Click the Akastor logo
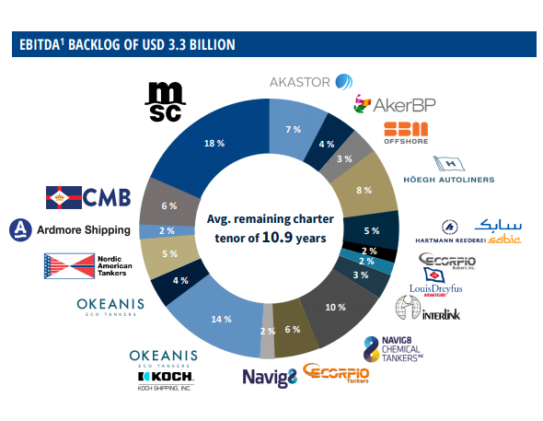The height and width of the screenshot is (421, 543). [x=311, y=82]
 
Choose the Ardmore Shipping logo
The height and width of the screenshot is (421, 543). [x=72, y=228]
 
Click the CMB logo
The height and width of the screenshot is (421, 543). [x=88, y=196]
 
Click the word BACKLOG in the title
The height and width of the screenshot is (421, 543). [x=100, y=44]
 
